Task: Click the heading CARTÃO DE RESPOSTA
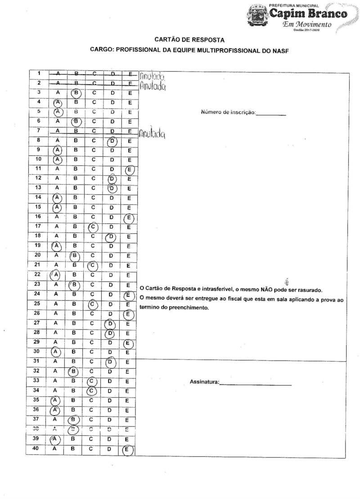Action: coord(189,40)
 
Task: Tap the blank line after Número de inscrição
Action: coord(271,112)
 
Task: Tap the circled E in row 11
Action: coord(130,169)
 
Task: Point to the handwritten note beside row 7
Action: coord(151,133)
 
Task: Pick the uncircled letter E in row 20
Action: coord(130,255)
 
